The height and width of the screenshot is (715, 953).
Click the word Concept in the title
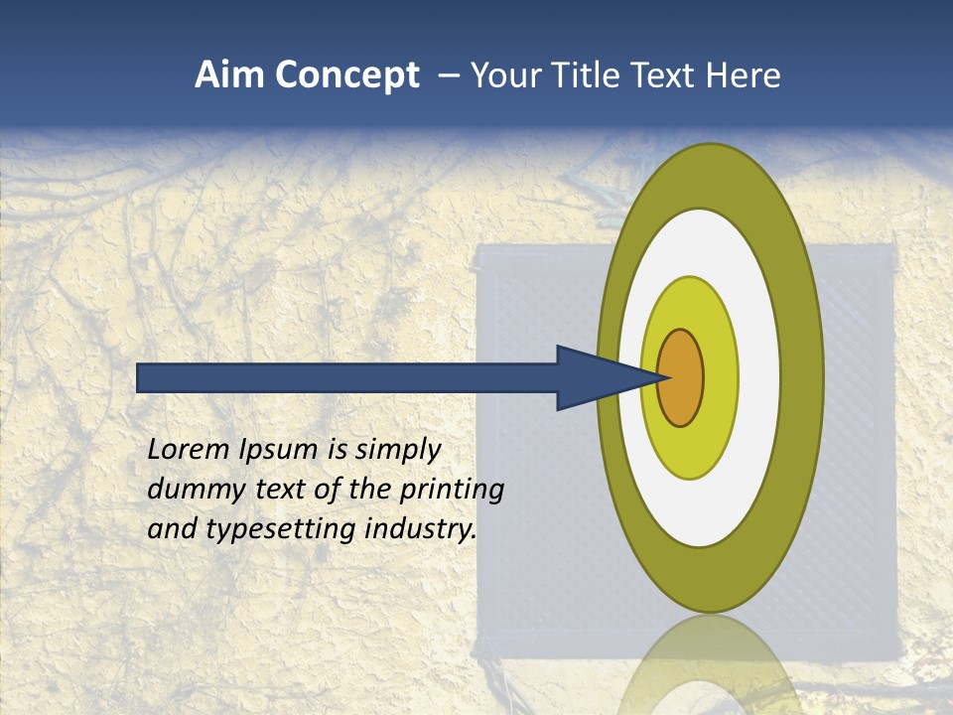tap(348, 75)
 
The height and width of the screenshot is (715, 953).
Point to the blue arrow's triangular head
tap(596, 378)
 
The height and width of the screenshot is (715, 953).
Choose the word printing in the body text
tap(452, 489)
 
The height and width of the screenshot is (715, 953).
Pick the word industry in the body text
tap(421, 528)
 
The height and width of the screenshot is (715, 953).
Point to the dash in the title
tap(448, 75)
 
